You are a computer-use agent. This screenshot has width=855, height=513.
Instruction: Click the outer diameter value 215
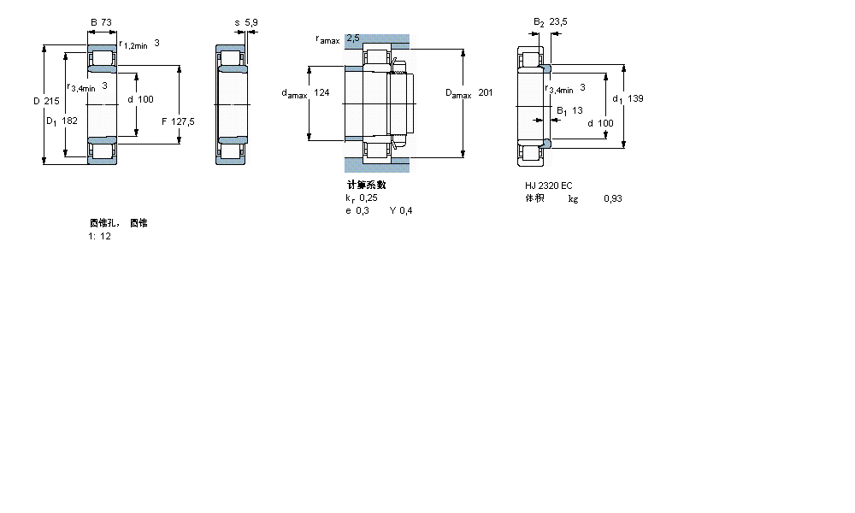point(51,101)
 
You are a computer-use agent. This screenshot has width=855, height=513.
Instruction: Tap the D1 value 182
point(69,121)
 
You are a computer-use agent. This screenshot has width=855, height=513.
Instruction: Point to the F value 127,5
point(183,121)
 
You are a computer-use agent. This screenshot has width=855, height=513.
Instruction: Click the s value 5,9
point(251,23)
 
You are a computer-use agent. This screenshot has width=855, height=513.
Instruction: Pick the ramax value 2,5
point(352,38)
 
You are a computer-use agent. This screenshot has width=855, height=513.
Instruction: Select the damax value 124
point(321,92)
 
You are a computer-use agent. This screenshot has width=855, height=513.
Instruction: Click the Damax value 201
point(486,92)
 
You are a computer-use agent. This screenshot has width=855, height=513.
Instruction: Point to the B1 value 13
point(577,110)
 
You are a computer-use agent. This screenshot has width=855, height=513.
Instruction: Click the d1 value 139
point(634,98)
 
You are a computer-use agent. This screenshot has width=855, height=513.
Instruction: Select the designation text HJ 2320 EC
point(548,186)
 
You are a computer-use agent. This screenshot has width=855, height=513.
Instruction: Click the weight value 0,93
point(612,198)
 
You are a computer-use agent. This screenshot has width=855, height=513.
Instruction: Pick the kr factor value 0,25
point(369,198)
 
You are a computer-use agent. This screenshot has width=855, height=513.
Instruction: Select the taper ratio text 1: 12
point(99,236)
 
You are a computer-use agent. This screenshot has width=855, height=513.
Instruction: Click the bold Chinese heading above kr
point(366,185)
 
